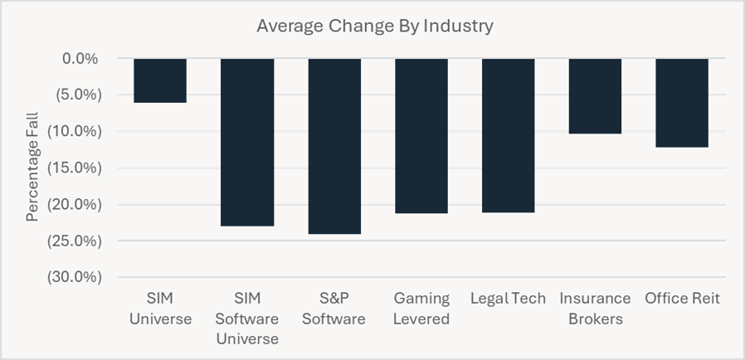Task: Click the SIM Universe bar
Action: pyautogui.click(x=160, y=80)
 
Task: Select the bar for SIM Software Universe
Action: pyautogui.click(x=247, y=142)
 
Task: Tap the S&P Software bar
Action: pyautogui.click(x=334, y=146)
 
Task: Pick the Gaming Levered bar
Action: pyautogui.click(x=421, y=136)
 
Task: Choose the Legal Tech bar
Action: pyautogui.click(x=509, y=135)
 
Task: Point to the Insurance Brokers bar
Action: pyautogui.click(x=595, y=96)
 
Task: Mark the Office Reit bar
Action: pyautogui.click(x=682, y=103)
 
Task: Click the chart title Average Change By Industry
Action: pyautogui.click(x=374, y=26)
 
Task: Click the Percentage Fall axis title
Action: pyautogui.click(x=32, y=169)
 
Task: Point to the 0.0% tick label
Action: pyautogui.click(x=80, y=59)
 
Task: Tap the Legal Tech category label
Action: pyautogui.click(x=508, y=299)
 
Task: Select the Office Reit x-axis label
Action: pyautogui.click(x=682, y=299)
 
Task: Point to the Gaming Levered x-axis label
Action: pyautogui.click(x=421, y=309)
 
